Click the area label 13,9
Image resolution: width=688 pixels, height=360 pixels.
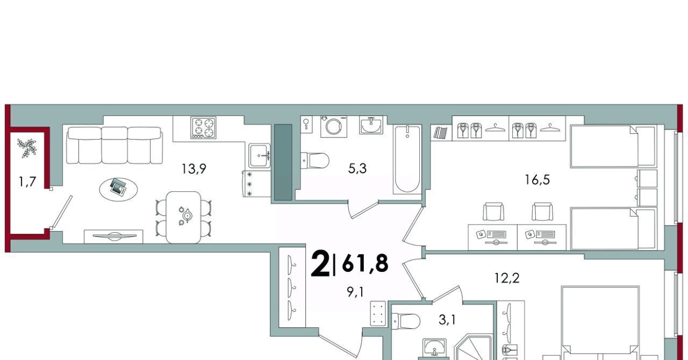pyautogui.click(x=193, y=169)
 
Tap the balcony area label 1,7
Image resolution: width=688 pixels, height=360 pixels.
pyautogui.click(x=27, y=182)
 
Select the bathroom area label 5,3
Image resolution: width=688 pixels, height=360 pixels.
pyautogui.click(x=357, y=169)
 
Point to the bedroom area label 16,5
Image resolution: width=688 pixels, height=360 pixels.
pyautogui.click(x=537, y=179)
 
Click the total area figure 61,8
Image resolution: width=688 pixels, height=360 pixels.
pyautogui.click(x=365, y=263)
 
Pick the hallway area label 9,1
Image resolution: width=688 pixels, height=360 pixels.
pyautogui.click(x=355, y=292)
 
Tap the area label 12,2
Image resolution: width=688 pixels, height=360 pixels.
pyautogui.click(x=507, y=278)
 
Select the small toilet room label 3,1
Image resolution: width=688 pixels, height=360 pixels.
pyautogui.click(x=447, y=320)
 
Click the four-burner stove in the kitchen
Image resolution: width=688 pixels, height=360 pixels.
pyautogui.click(x=203, y=127)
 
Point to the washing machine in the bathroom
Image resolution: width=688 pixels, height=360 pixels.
pyautogui.click(x=334, y=126)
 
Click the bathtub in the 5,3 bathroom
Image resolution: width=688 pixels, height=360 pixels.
pyautogui.click(x=407, y=160)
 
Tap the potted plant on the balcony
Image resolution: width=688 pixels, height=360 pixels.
pyautogui.click(x=27, y=148)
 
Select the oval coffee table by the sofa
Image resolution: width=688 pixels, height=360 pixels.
pyautogui.click(x=119, y=190)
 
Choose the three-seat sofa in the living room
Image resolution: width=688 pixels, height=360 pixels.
pyautogui.click(x=114, y=145)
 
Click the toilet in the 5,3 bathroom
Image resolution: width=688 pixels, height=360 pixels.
pyautogui.click(x=315, y=160)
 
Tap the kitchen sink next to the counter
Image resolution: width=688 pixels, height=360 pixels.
pyautogui.click(x=260, y=155)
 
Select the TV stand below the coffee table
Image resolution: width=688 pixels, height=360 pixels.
pyautogui.click(x=113, y=236)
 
